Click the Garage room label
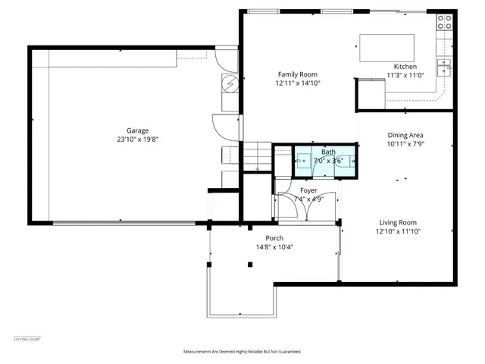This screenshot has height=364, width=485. pyautogui.click(x=137, y=130)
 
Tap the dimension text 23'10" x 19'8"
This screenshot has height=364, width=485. pyautogui.click(x=137, y=140)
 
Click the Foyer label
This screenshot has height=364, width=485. pyautogui.click(x=308, y=190)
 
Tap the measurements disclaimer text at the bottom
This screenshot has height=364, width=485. pyautogui.click(x=242, y=352)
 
